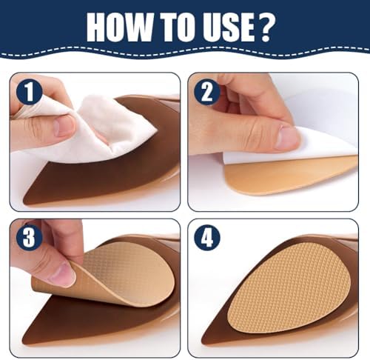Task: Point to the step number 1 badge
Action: pos(30,92)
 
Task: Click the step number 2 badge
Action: pos(207,92)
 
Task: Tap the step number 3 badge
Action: pos(30,238)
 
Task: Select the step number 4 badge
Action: pos(207,238)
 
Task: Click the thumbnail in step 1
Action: pos(64,126)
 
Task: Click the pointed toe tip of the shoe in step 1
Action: pos(24,202)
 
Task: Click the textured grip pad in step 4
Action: pos(289,287)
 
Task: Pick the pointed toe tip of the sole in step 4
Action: pos(203,342)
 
